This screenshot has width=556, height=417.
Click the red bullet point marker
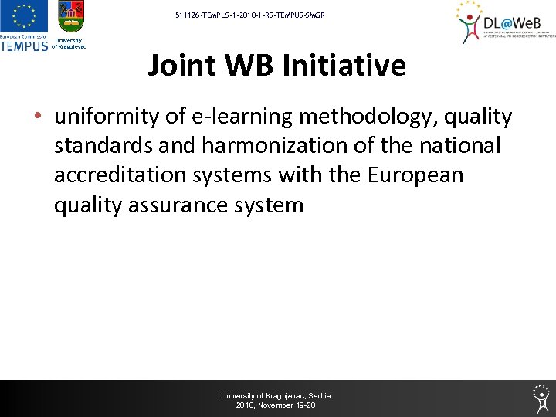38,117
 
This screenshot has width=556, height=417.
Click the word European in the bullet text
415,175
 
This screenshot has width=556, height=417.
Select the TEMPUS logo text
24,46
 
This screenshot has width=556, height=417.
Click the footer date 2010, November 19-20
276,405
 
